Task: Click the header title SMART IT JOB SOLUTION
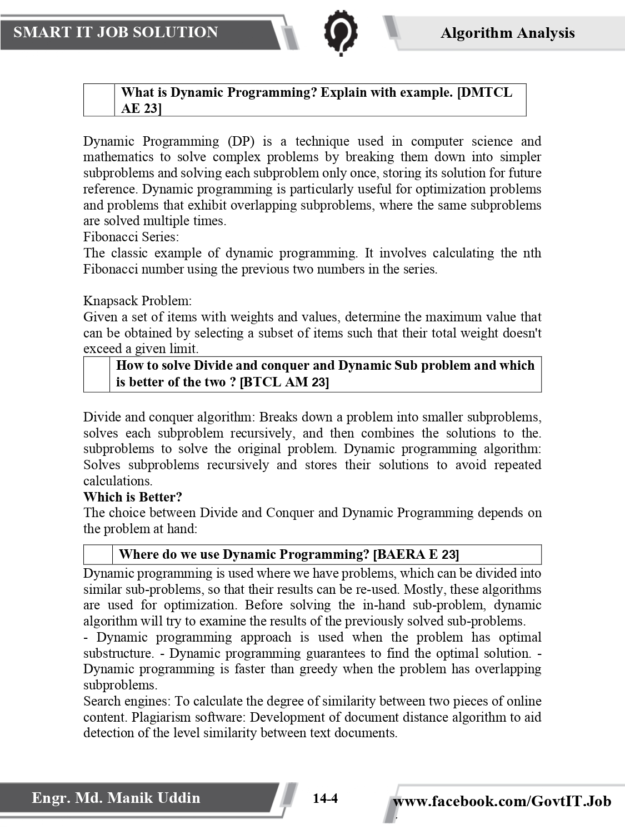(x=116, y=32)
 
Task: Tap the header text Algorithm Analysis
(x=507, y=33)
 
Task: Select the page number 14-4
(x=325, y=799)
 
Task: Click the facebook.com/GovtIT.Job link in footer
(x=502, y=801)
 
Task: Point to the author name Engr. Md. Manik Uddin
(x=116, y=798)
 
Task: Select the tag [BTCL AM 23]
(x=284, y=382)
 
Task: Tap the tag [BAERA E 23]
(x=416, y=554)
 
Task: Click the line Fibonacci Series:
(x=131, y=237)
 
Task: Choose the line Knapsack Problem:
(x=137, y=301)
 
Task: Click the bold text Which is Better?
(x=133, y=497)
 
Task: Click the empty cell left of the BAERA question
(x=98, y=554)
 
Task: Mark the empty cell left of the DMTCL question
(x=99, y=100)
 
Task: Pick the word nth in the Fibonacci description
(x=532, y=253)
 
